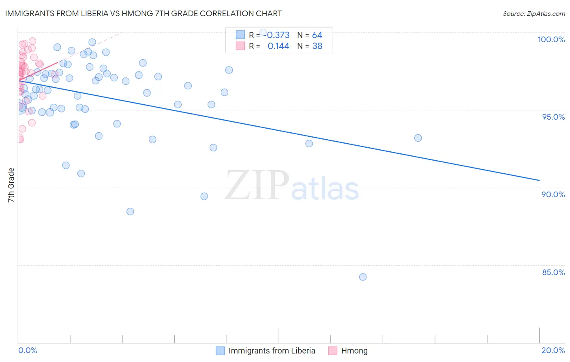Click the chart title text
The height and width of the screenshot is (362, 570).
click(143, 13)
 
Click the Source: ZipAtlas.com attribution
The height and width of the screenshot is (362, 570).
click(534, 13)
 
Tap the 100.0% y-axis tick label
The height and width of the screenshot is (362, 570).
click(551, 39)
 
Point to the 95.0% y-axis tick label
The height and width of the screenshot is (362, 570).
click(553, 117)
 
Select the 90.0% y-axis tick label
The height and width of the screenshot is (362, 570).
click(553, 194)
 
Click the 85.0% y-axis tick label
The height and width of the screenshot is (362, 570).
click(553, 272)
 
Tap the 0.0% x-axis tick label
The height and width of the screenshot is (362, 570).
click(28, 350)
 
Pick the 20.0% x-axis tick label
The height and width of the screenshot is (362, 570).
click(553, 350)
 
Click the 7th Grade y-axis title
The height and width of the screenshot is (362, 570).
click(11, 185)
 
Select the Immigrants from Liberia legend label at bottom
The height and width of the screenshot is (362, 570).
click(272, 351)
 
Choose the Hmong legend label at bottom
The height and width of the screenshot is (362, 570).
click(354, 351)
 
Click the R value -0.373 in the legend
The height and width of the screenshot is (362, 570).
click(278, 35)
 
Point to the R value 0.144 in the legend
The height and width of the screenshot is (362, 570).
click(279, 46)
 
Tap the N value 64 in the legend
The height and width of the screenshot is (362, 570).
click(317, 35)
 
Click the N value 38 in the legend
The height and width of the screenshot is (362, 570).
click(317, 46)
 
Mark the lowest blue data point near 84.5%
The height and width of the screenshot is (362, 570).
click(363, 277)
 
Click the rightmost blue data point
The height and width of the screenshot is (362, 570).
click(418, 138)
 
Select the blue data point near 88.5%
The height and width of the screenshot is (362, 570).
click(130, 211)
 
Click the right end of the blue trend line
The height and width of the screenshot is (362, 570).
click(539, 180)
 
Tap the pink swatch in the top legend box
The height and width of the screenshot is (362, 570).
click(240, 46)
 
